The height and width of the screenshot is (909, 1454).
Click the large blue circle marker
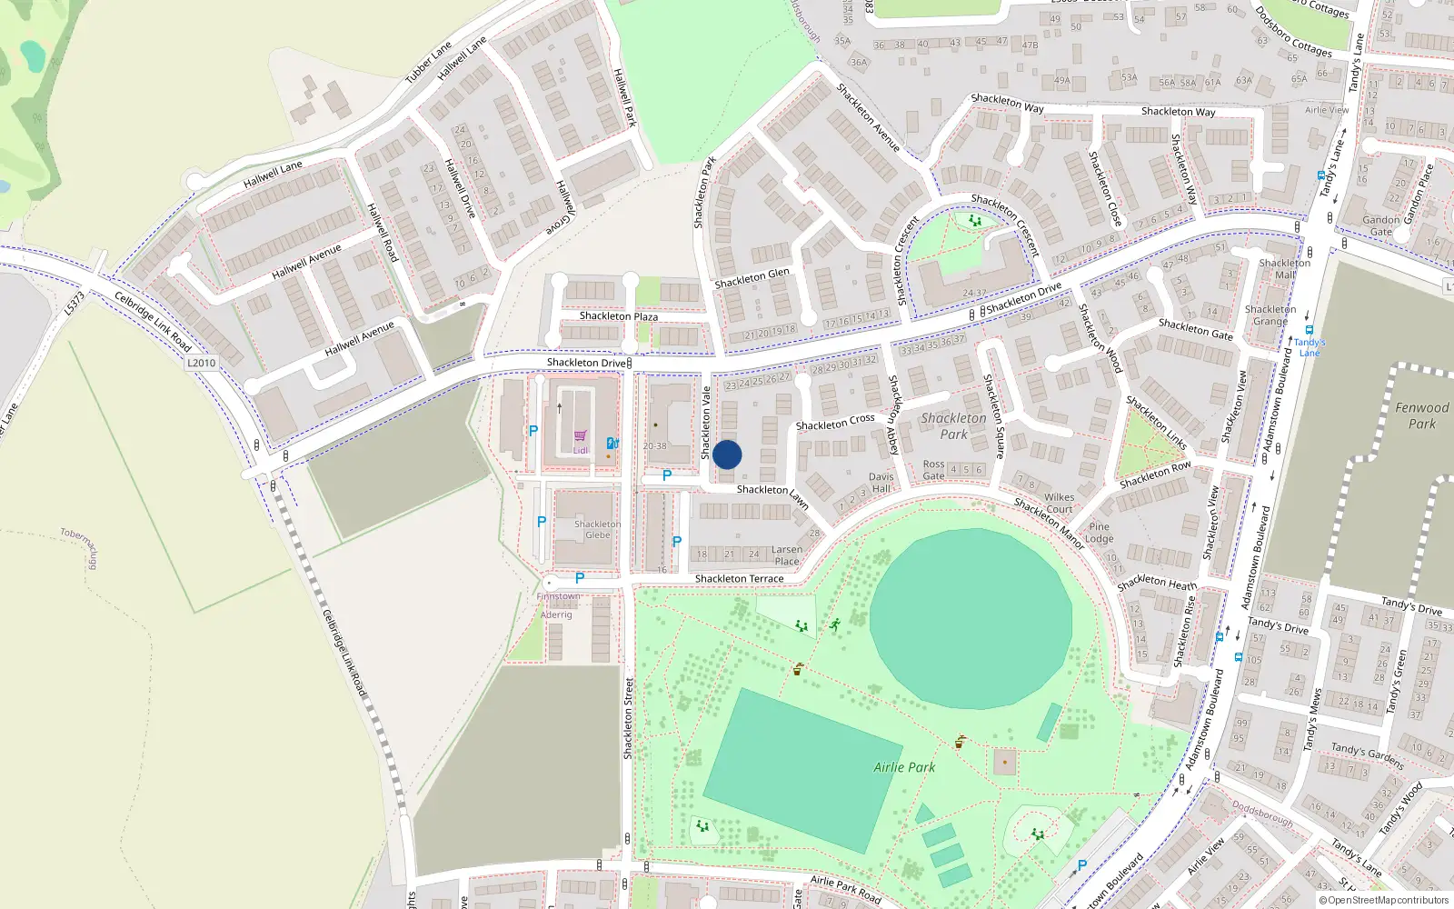[727, 454]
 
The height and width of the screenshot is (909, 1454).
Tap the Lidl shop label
[581, 450]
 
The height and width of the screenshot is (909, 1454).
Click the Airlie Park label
[904, 767]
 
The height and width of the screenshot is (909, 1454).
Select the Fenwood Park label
[1421, 415]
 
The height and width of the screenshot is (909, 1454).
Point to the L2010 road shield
[201, 363]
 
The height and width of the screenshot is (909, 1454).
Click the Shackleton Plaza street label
[618, 316]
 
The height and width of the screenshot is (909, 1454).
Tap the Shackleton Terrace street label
[739, 579]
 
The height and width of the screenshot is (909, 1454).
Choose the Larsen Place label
[787, 555]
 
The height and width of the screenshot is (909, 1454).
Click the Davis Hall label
[881, 483]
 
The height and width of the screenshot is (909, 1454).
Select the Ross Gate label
[933, 470]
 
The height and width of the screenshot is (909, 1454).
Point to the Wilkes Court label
[1059, 503]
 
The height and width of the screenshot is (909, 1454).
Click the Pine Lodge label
[1099, 533]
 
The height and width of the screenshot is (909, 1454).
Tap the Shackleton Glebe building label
[597, 529]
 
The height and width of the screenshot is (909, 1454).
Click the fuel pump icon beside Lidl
[612, 444]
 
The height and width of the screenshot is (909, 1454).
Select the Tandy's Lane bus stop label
[1310, 347]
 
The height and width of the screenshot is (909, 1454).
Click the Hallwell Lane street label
[273, 174]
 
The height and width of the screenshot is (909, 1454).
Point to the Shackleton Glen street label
[752, 278]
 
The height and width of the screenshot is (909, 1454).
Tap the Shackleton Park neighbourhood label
[953, 425]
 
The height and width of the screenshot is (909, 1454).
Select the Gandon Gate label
[1380, 225]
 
